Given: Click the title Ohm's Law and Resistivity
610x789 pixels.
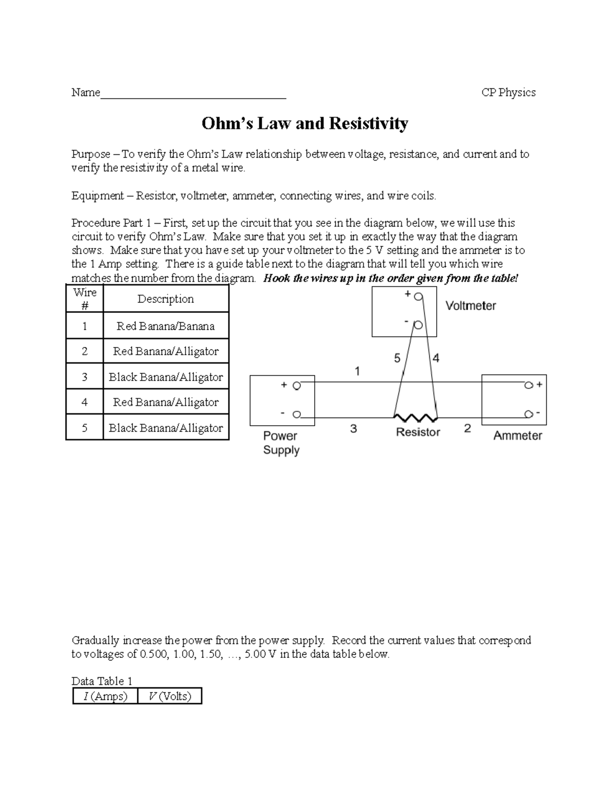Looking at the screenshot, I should [x=304, y=123].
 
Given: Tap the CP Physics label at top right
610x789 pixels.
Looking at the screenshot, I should [x=508, y=92].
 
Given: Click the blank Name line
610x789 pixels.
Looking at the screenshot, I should [x=193, y=94].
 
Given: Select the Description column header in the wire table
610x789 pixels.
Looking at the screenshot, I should [x=165, y=299].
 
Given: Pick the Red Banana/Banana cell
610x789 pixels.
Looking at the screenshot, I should [x=165, y=326].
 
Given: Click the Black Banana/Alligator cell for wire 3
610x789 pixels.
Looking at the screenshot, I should [x=165, y=377].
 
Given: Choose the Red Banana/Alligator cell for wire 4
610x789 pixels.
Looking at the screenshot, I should [x=165, y=402].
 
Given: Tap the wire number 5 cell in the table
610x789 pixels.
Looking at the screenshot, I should [x=84, y=428].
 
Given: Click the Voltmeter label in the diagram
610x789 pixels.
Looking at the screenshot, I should [x=470, y=306].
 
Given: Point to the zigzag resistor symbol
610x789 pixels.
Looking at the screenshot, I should [x=416, y=418].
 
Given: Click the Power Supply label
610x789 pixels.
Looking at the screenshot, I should [x=281, y=443].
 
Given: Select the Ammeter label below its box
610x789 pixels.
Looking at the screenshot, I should [x=517, y=435].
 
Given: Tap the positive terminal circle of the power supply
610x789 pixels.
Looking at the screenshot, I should [x=296, y=386].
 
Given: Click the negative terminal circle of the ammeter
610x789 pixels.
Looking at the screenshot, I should [x=529, y=414].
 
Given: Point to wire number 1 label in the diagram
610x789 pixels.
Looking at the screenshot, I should [x=357, y=371].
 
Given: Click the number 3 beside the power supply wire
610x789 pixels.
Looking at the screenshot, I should [x=353, y=429].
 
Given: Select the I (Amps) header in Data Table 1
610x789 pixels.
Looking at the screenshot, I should [x=105, y=696].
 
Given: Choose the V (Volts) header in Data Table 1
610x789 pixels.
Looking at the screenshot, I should [x=170, y=696].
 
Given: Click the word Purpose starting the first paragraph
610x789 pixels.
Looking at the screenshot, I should [x=90, y=154].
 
